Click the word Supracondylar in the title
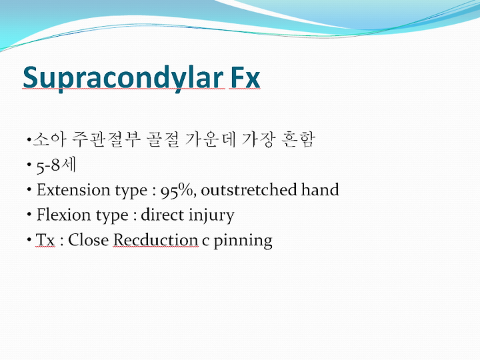coord(123,78)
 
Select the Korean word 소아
coord(49,139)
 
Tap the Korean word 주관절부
coord(106,139)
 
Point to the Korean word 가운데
coord(211,139)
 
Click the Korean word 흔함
coord(298,139)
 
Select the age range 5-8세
coord(56,165)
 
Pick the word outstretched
coord(249,190)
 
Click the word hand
coord(320,189)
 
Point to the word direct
coord(162,215)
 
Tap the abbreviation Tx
coord(45,240)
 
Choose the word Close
coord(88,240)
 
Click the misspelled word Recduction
coord(155,240)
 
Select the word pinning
coord(243,241)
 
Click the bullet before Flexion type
coord(29,214)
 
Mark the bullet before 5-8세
coord(29,165)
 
